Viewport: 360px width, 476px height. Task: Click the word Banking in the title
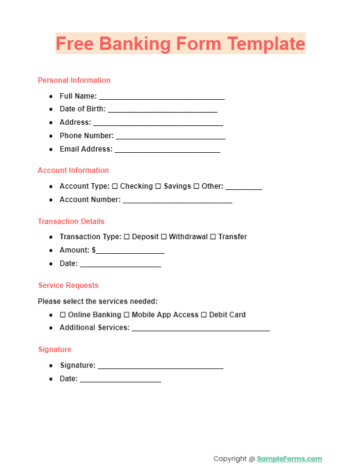(130, 44)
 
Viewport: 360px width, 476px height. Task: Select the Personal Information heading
(74, 80)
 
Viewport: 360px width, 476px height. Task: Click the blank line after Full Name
(162, 97)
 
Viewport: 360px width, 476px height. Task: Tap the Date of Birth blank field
(162, 111)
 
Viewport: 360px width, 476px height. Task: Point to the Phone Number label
(86, 136)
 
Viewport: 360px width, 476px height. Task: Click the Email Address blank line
(167, 150)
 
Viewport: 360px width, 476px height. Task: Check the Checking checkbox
(115, 186)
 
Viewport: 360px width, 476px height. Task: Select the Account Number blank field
(178, 201)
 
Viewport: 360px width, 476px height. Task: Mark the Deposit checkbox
(126, 237)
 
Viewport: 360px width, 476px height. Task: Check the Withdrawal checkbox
(164, 237)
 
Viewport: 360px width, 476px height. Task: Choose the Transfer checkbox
(213, 237)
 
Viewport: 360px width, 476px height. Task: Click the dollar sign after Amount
(94, 250)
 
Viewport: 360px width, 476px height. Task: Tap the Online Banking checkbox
(63, 315)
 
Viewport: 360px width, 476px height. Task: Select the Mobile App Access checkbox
(126, 315)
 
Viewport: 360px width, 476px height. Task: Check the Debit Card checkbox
(204, 315)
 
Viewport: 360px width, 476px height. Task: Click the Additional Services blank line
(201, 329)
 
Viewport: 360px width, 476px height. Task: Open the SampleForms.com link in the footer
(289, 459)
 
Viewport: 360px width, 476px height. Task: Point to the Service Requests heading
(68, 285)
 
